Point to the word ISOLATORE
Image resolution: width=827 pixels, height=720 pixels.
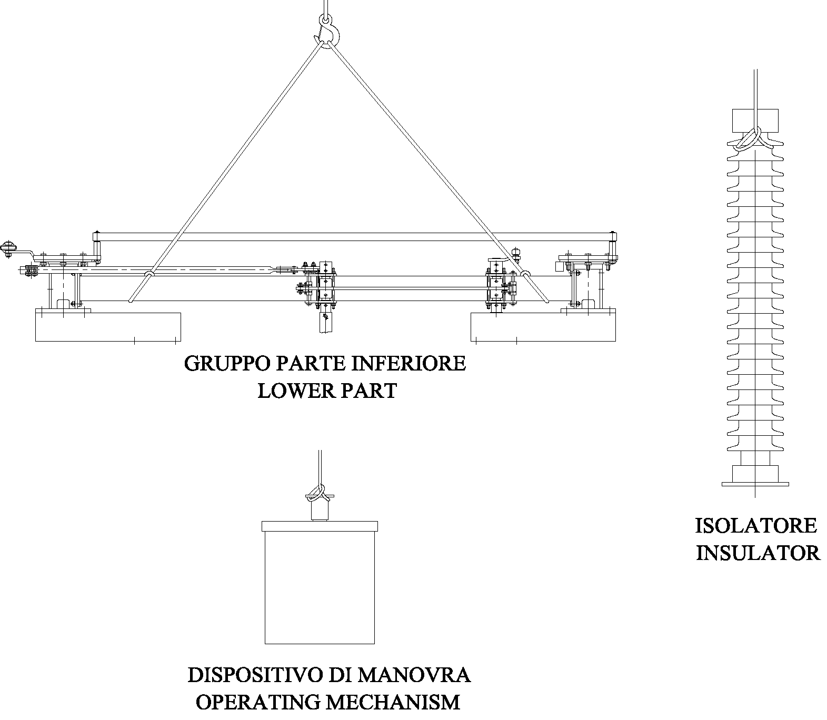tap(756, 526)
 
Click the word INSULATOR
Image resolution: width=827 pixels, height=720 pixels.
tap(758, 553)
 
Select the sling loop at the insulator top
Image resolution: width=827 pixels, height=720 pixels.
tap(750, 138)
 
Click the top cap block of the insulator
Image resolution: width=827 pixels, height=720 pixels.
tap(755, 119)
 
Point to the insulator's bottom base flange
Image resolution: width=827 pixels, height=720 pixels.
tap(755, 483)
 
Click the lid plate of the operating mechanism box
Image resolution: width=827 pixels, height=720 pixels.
tap(320, 526)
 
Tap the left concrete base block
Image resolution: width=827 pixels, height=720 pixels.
tap(108, 327)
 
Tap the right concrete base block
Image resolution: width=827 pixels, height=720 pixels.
tap(543, 327)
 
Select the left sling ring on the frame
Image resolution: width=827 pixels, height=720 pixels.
tap(150, 274)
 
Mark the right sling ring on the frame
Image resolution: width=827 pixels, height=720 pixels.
tap(525, 273)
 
